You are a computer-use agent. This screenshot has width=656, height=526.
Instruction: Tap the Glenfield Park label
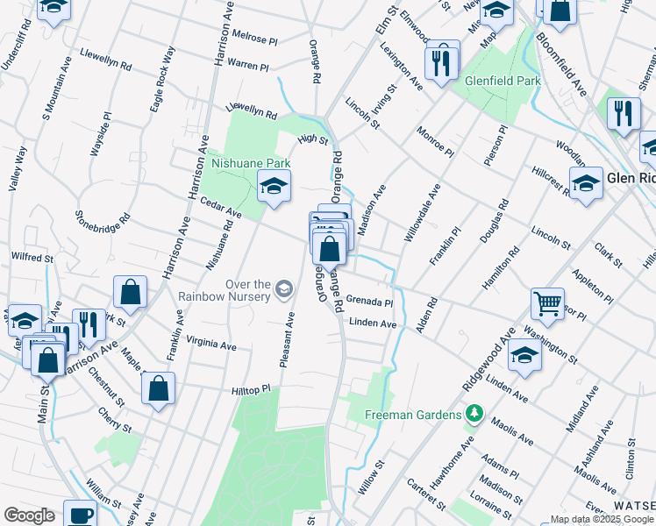coord(503,81)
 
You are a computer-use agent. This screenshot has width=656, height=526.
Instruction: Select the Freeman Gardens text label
coord(415,412)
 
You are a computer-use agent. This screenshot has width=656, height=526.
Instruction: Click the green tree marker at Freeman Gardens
coord(474,412)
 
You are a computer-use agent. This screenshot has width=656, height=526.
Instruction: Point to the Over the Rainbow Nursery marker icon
coord(283,288)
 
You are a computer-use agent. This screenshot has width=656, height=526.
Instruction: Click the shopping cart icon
coord(547,303)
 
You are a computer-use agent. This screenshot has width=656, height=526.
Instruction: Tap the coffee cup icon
coord(81,515)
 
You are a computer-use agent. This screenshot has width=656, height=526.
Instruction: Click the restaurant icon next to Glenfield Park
coord(439,60)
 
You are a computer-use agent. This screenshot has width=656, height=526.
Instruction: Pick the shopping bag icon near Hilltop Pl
coord(158,388)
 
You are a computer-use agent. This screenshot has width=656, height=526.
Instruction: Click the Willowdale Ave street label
coord(421,213)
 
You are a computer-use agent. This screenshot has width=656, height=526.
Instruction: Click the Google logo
coord(29,515)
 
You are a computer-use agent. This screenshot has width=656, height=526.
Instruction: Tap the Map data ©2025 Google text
coord(602,519)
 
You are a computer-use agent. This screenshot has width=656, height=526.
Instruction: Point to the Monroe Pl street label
coord(435,139)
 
